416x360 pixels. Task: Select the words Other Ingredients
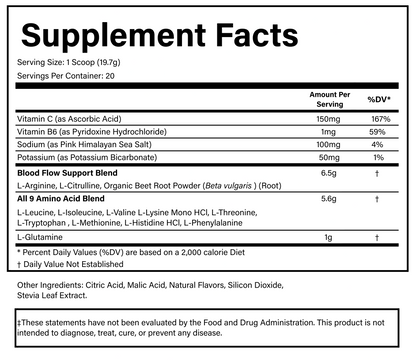tap(53, 285)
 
